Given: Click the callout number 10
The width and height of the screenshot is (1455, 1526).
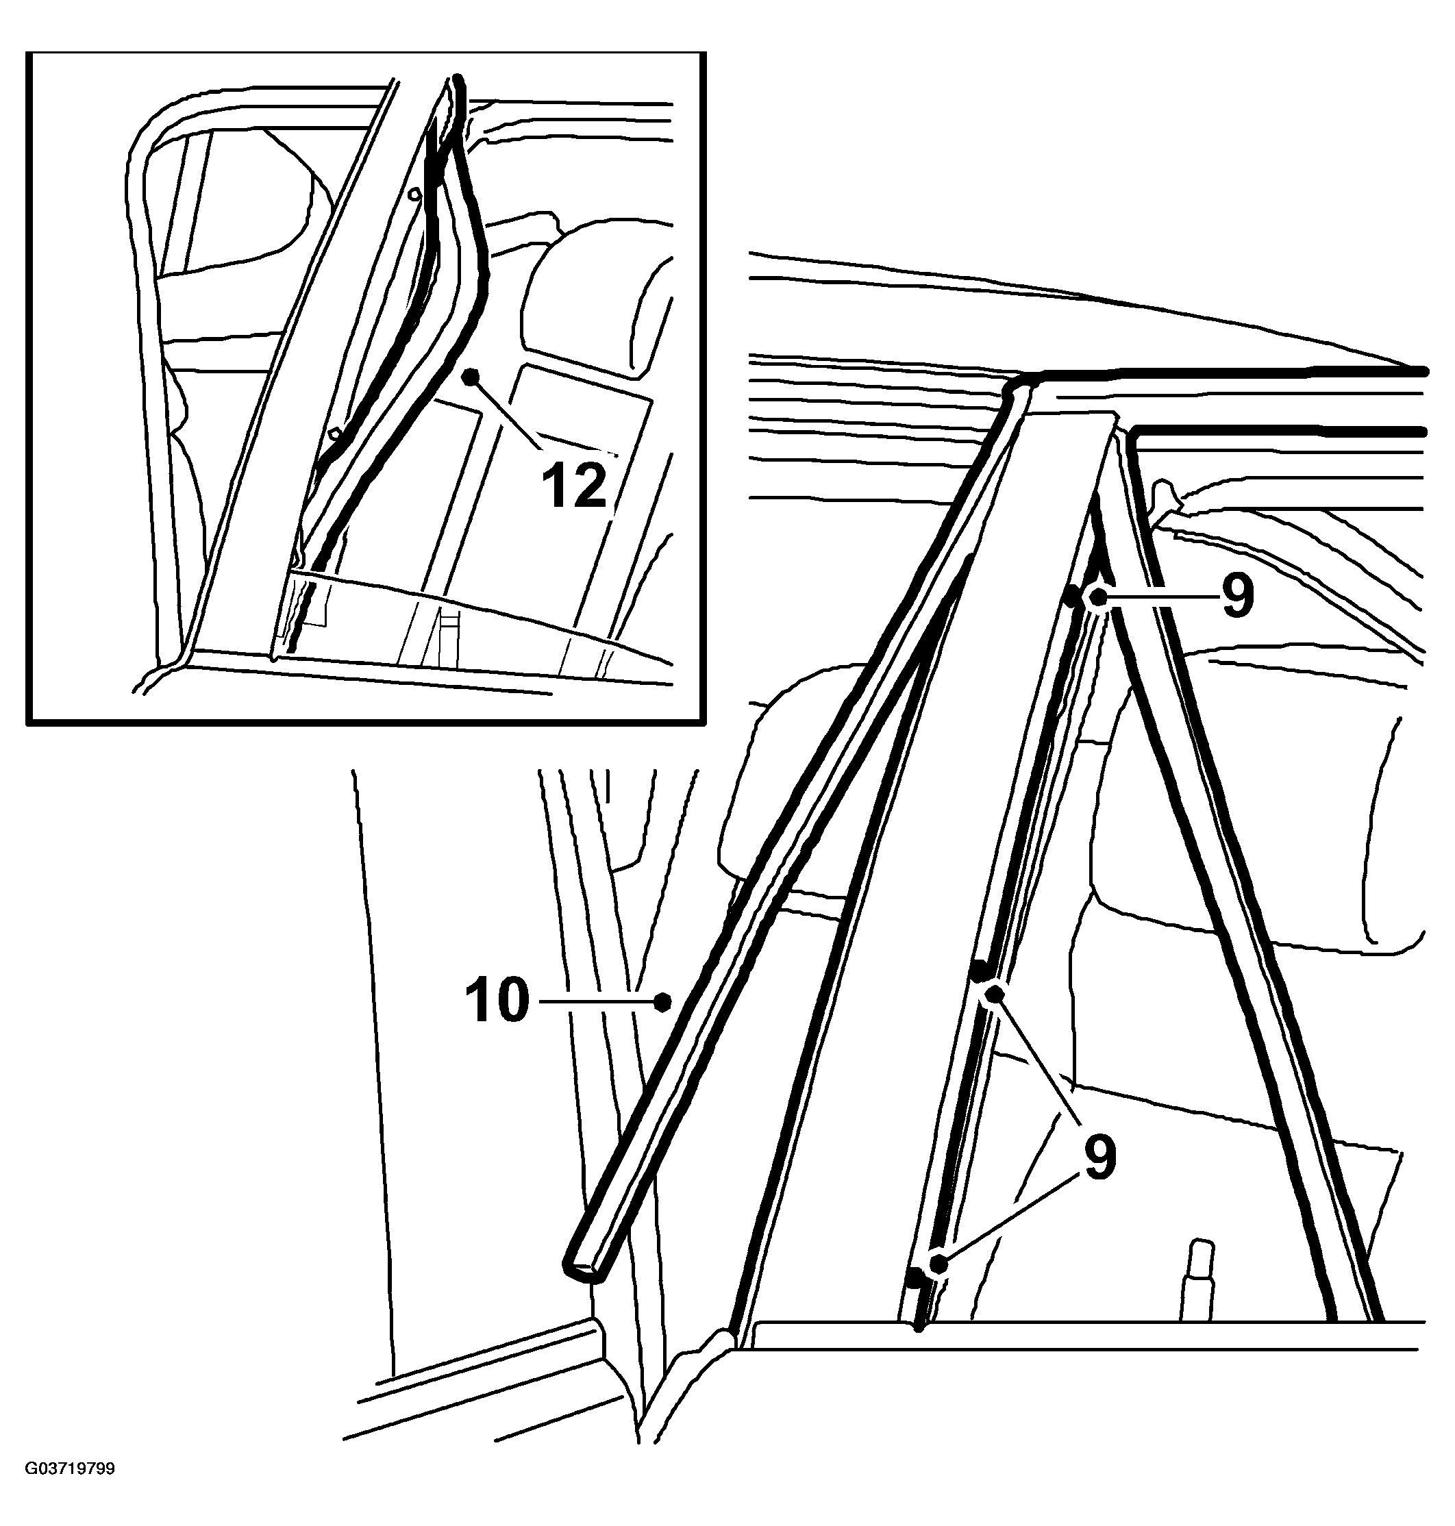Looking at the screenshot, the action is tap(497, 1001).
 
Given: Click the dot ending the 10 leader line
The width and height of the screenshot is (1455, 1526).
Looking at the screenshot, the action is tap(662, 1002).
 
